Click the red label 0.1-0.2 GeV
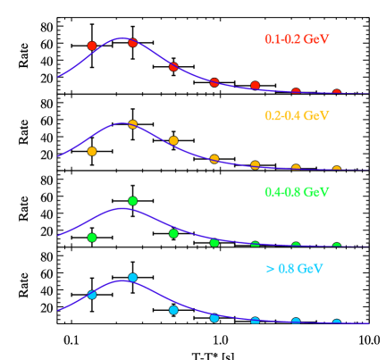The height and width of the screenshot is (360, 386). click(x=297, y=39)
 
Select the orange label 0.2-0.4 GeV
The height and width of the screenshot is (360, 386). click(x=297, y=116)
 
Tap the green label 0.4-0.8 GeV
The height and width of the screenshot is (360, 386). click(x=297, y=192)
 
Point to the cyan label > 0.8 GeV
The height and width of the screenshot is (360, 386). click(x=294, y=269)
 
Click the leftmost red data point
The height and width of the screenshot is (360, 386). click(x=92, y=46)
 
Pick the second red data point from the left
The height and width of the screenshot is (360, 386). click(x=132, y=42)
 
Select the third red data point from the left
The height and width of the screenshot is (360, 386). click(x=173, y=67)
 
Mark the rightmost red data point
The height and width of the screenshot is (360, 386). click(x=337, y=93)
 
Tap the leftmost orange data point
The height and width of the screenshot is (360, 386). click(x=92, y=152)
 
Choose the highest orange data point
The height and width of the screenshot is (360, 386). click(x=132, y=124)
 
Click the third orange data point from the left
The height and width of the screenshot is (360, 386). click(x=173, y=140)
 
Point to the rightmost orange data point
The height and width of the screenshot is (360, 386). click(x=337, y=170)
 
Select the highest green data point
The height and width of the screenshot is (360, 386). click(x=132, y=201)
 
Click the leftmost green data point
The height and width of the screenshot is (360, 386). click(x=92, y=238)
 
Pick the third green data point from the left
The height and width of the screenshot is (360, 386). click(x=173, y=233)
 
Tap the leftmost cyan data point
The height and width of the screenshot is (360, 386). click(x=92, y=295)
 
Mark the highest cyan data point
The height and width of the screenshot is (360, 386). click(x=132, y=278)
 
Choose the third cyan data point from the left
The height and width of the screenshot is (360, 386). click(x=173, y=310)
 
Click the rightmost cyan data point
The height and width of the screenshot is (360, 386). click(x=337, y=323)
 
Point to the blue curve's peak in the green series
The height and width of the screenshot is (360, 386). click(x=120, y=208)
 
